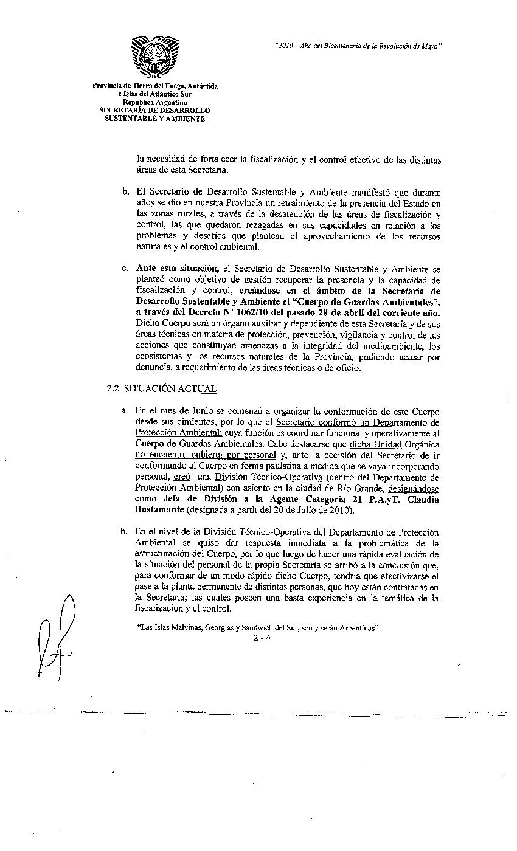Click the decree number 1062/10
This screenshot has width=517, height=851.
coord(243,311)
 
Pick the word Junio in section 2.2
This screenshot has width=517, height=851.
coord(192,412)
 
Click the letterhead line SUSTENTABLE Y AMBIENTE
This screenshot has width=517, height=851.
coord(154,119)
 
